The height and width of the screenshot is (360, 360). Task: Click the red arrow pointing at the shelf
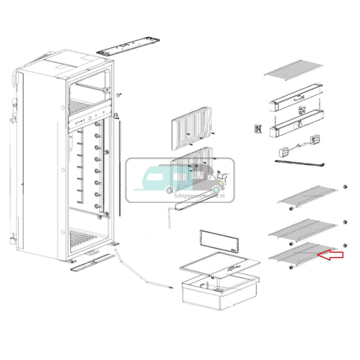[x=330, y=255]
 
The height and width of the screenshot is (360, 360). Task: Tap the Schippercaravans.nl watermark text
[x=199, y=196]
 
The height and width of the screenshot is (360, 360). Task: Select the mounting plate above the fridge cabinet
[x=128, y=46]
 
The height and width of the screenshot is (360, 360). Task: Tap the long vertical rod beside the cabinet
[x=120, y=169]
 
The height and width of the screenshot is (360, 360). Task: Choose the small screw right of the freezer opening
[x=119, y=94]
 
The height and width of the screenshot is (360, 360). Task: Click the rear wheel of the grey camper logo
[x=216, y=190]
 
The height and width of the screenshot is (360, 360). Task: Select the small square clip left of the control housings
[x=258, y=129]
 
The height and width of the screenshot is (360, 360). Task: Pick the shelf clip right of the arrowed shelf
[x=345, y=246]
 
